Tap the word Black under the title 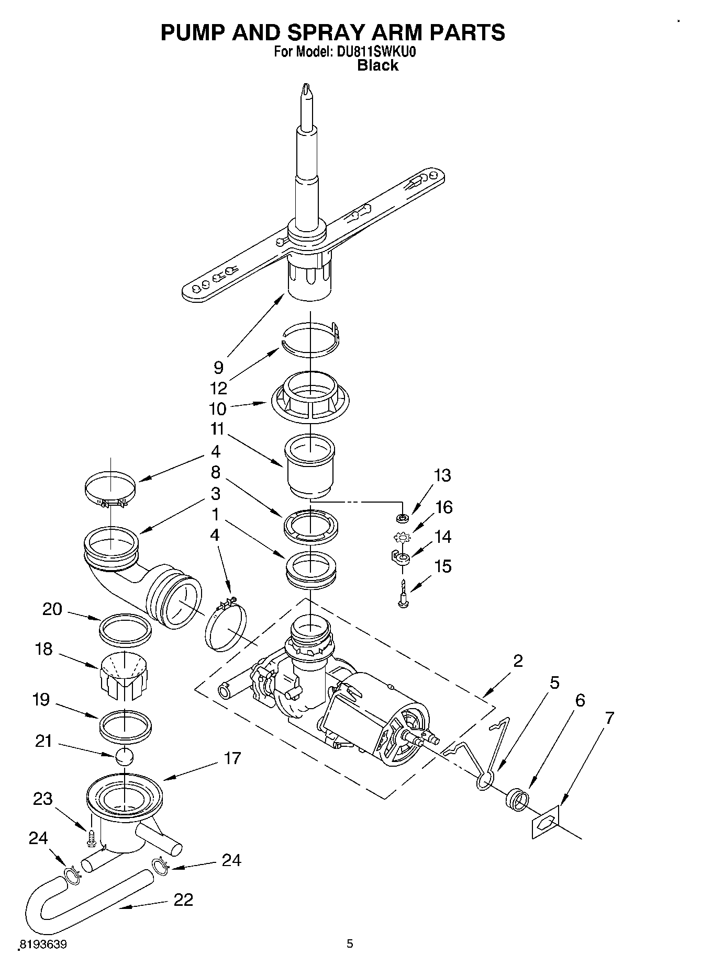pyautogui.click(x=377, y=65)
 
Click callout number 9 pyautogui.click(x=218, y=367)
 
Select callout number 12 pyautogui.click(x=218, y=388)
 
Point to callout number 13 pyautogui.click(x=442, y=475)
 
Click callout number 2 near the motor pyautogui.click(x=518, y=661)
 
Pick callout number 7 pyautogui.click(x=609, y=718)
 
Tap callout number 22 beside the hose pyautogui.click(x=183, y=900)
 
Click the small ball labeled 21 pyautogui.click(x=125, y=756)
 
